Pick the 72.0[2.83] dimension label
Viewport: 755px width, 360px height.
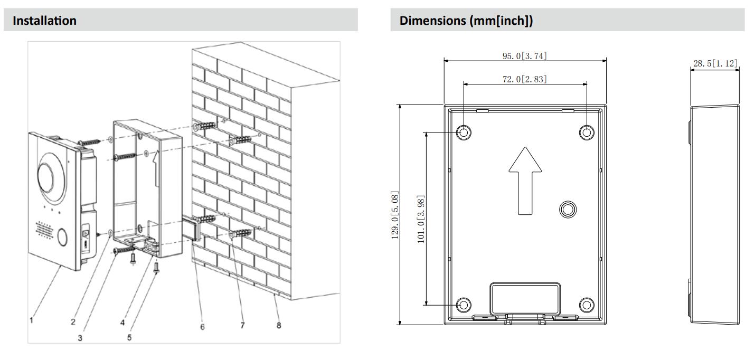[x=524, y=79]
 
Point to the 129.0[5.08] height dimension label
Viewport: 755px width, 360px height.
[x=393, y=214]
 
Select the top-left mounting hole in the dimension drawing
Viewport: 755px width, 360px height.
[x=464, y=132]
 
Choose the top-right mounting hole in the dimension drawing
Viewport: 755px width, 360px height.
[x=587, y=132]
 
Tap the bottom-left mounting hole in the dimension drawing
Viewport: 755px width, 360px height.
[x=464, y=304]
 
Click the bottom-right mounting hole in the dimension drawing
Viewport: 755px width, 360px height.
[x=587, y=304]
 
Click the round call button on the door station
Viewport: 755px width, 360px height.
[x=62, y=237]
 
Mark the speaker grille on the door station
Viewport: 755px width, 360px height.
[x=44, y=230]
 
